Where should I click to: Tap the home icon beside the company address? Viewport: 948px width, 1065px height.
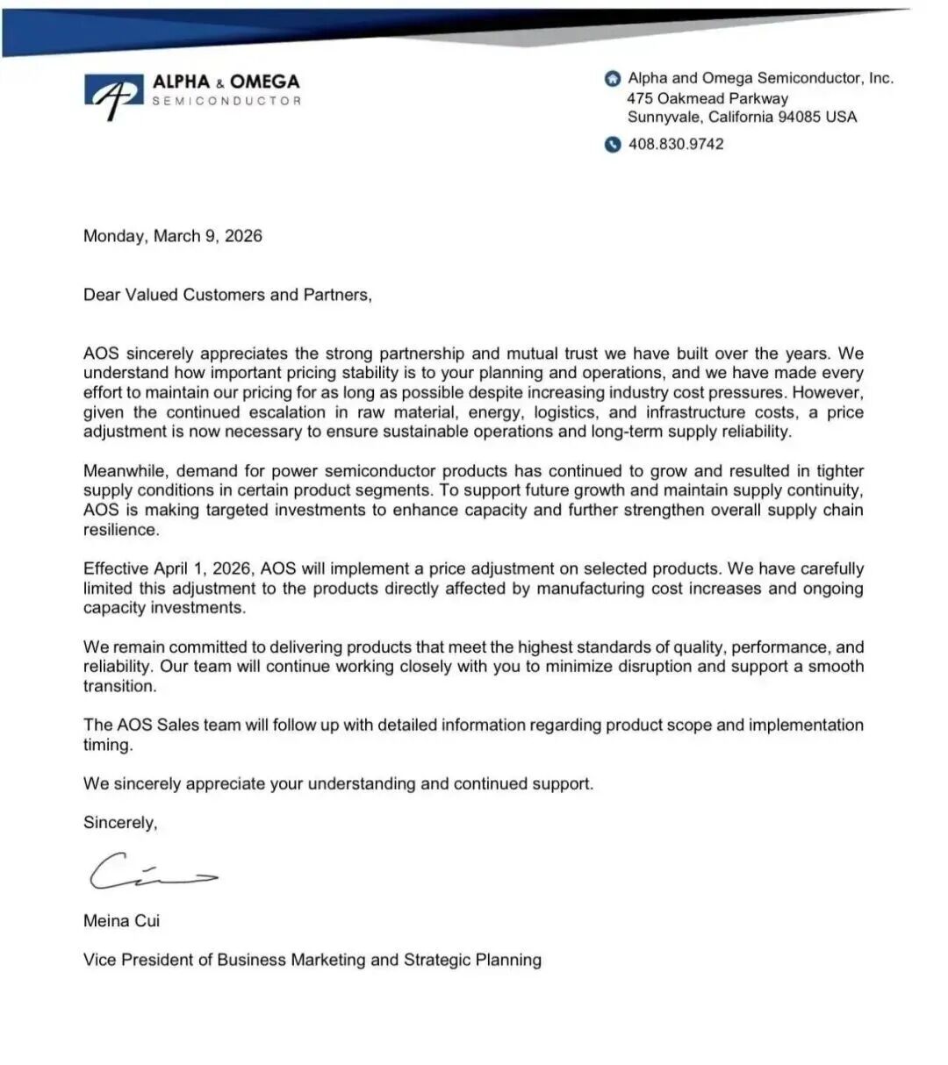pos(613,79)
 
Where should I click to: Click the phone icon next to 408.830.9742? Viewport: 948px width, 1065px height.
pos(613,145)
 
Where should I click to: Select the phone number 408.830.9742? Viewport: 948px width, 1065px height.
pos(676,144)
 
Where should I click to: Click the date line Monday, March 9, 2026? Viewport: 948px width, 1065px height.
pos(172,236)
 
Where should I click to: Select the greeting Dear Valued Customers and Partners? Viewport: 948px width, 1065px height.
pos(227,295)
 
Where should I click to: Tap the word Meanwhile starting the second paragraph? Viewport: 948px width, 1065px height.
pos(125,471)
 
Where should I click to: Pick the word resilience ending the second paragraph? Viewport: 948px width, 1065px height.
pos(121,530)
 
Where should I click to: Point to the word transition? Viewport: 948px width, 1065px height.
pos(119,686)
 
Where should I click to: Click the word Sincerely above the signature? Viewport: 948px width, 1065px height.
pos(119,823)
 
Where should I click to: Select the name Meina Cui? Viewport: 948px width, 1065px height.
pos(121,921)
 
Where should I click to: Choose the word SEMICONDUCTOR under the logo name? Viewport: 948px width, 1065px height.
pos(226,101)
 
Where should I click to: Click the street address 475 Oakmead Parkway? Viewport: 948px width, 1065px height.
pos(707,98)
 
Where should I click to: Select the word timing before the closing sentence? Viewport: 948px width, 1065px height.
pos(107,745)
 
